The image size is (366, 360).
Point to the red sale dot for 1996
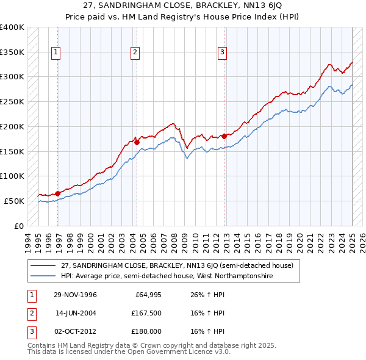pos(57,193)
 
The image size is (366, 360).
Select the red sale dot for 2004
pos(137,142)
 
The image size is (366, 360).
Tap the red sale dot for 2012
pos(224,135)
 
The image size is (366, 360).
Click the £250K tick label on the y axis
pos(12,102)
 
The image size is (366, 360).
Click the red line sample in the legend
pos(43,265)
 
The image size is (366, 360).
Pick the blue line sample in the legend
pos(43,276)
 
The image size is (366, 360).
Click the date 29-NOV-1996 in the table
pos(76,295)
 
